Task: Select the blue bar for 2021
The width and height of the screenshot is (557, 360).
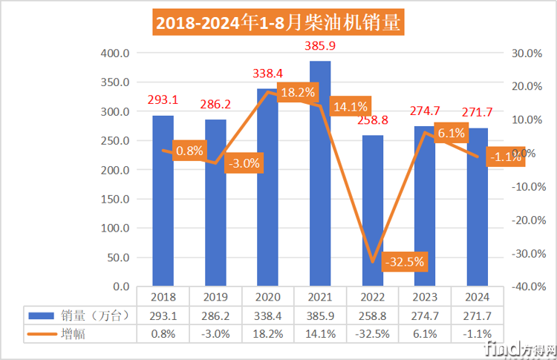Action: [x=320, y=174]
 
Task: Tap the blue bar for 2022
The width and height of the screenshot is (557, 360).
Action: [x=373, y=211]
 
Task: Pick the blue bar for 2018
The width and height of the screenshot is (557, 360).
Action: [x=163, y=200]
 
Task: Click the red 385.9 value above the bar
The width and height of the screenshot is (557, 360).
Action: [x=320, y=46]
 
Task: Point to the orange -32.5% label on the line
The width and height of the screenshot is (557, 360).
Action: [x=404, y=261]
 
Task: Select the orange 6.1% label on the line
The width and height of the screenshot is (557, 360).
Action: [x=452, y=134]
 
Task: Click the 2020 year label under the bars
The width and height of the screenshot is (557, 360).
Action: [x=268, y=297]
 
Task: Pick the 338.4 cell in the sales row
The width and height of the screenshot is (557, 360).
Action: [x=268, y=315]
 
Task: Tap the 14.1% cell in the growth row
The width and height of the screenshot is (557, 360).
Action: [x=320, y=333]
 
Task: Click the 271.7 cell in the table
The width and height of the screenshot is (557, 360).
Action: [x=477, y=315]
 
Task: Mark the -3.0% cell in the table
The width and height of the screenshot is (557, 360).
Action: [x=215, y=333]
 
